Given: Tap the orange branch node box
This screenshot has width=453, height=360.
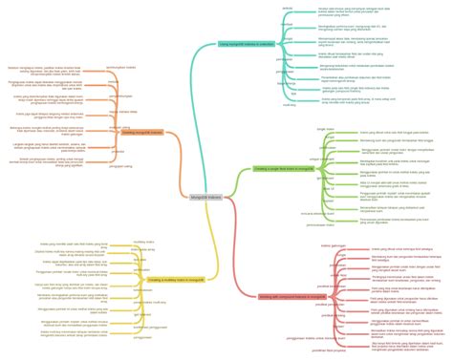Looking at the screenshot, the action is point(142,132).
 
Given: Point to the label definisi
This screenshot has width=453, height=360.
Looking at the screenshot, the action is point(287,8).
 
